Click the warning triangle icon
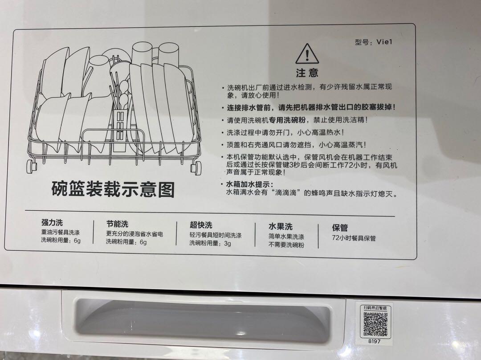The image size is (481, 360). (x=307, y=54)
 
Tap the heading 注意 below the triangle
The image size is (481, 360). (x=307, y=73)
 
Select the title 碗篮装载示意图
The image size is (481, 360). (x=113, y=189)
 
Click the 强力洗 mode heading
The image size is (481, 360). (x=52, y=223)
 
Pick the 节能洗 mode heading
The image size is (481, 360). (x=117, y=224)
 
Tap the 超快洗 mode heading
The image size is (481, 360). (x=201, y=225)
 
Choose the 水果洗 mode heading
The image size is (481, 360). (x=281, y=226)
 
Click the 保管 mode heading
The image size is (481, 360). (x=340, y=228)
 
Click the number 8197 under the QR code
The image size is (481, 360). (x=375, y=341)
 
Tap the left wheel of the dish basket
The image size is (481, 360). (x=32, y=166)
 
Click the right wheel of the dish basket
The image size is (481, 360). (x=196, y=168)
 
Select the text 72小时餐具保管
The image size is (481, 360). (x=354, y=238)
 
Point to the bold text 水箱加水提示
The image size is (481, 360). (x=250, y=184)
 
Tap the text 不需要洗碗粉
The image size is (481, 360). (x=286, y=245)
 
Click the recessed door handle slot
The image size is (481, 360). (x=203, y=320)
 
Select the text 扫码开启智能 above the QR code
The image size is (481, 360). (x=375, y=308)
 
